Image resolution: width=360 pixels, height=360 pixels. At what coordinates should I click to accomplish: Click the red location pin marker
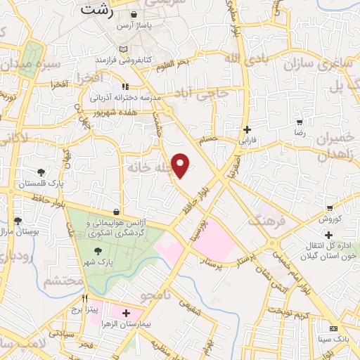[x=181, y=165]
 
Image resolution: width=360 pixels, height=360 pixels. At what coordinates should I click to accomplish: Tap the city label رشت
[x=97, y=10]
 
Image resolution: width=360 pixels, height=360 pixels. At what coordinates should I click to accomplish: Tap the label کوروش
[x=330, y=219]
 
